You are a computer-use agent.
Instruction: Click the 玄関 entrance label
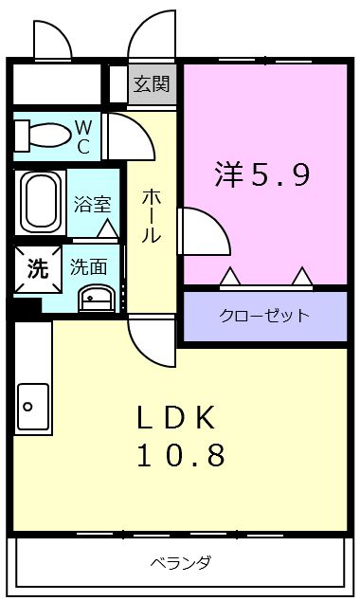point(152,84)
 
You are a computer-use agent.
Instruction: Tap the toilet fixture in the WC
point(42,135)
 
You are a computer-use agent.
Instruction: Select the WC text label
point(83,137)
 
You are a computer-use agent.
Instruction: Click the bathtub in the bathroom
point(41,202)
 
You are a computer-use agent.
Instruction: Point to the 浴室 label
point(92,205)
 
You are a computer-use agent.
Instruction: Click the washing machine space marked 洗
point(38,268)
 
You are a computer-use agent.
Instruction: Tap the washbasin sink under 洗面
point(96,299)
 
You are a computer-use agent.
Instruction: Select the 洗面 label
point(88,266)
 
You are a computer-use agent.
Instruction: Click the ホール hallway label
point(151,216)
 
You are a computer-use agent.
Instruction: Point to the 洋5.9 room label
point(262,174)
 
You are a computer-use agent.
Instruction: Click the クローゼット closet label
point(264,316)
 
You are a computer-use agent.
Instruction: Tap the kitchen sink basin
point(33,407)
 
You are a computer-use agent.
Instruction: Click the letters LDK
point(176,418)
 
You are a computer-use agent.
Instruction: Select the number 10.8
point(181,455)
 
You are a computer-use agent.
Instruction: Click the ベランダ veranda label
point(180,563)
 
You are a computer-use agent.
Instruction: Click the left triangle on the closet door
point(230,277)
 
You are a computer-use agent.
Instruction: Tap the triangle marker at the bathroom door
point(107,228)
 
